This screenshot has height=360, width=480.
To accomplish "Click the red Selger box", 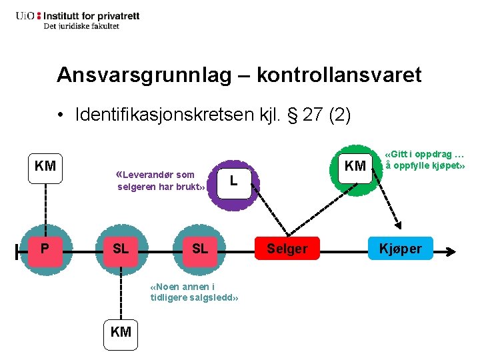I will (x=287, y=249).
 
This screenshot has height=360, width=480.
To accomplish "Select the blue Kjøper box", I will (x=401, y=249).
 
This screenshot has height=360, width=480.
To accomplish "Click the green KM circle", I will (x=356, y=166).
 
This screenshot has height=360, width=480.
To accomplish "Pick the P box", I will (x=44, y=249).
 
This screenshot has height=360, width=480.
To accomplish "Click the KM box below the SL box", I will (x=121, y=331).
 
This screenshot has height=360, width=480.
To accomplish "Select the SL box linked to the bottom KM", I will (x=121, y=249).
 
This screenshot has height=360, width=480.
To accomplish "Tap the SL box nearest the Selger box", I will (x=200, y=249).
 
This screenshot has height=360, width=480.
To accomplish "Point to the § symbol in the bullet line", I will (x=291, y=115).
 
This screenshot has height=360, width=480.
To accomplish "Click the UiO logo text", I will (x=27, y=15).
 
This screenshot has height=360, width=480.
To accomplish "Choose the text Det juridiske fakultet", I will (x=81, y=26).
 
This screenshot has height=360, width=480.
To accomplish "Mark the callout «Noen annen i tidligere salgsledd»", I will (x=194, y=292).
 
